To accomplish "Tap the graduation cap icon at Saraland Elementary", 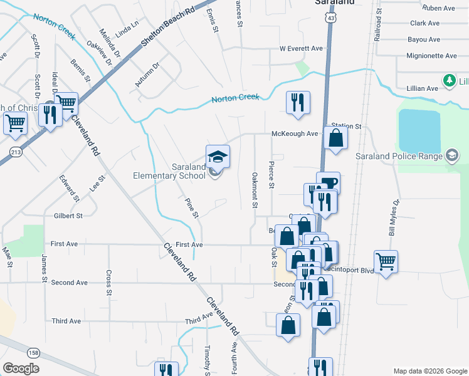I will point(218,156).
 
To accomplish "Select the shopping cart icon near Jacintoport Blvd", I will point(386,261).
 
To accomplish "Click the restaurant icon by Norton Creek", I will point(298,102).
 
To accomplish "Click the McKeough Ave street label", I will point(295,133).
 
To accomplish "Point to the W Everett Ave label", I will point(301,48).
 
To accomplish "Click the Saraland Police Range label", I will point(398,155).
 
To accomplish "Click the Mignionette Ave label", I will point(431,56).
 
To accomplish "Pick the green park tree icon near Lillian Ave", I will point(449,80).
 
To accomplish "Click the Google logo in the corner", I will point(21,368).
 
